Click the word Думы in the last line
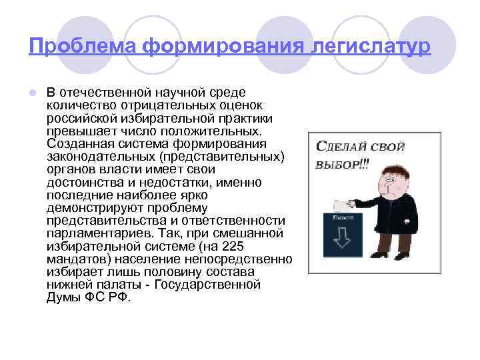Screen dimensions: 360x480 pos(62,297)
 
